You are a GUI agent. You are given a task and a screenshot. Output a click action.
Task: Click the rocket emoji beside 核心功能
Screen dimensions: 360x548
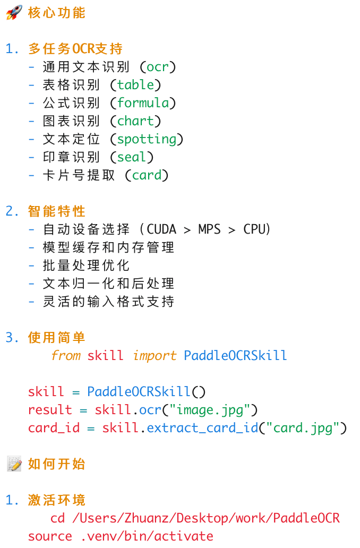14,13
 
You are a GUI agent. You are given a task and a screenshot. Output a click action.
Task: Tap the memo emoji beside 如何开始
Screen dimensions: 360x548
14,464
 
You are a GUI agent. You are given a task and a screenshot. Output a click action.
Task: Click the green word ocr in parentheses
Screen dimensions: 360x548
157,67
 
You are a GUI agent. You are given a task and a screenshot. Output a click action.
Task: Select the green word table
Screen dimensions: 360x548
135,85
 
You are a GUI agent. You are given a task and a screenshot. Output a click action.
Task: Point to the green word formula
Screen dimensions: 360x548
143,103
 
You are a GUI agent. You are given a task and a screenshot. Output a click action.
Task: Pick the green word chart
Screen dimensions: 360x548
135,121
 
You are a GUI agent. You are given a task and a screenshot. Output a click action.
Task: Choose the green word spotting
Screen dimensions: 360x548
147,139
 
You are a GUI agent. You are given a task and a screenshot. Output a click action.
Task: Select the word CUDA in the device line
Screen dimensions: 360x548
161,229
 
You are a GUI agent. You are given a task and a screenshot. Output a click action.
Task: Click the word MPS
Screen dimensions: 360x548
210,229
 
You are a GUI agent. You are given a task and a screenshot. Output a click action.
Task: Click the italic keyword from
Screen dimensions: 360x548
65,356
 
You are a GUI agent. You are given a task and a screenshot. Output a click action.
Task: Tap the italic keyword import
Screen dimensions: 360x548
155,356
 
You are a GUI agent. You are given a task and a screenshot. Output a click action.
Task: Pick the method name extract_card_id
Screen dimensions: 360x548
202,428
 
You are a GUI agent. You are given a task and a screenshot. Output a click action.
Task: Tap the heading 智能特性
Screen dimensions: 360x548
57,211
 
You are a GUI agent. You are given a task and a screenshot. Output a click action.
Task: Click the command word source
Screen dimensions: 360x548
50,536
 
